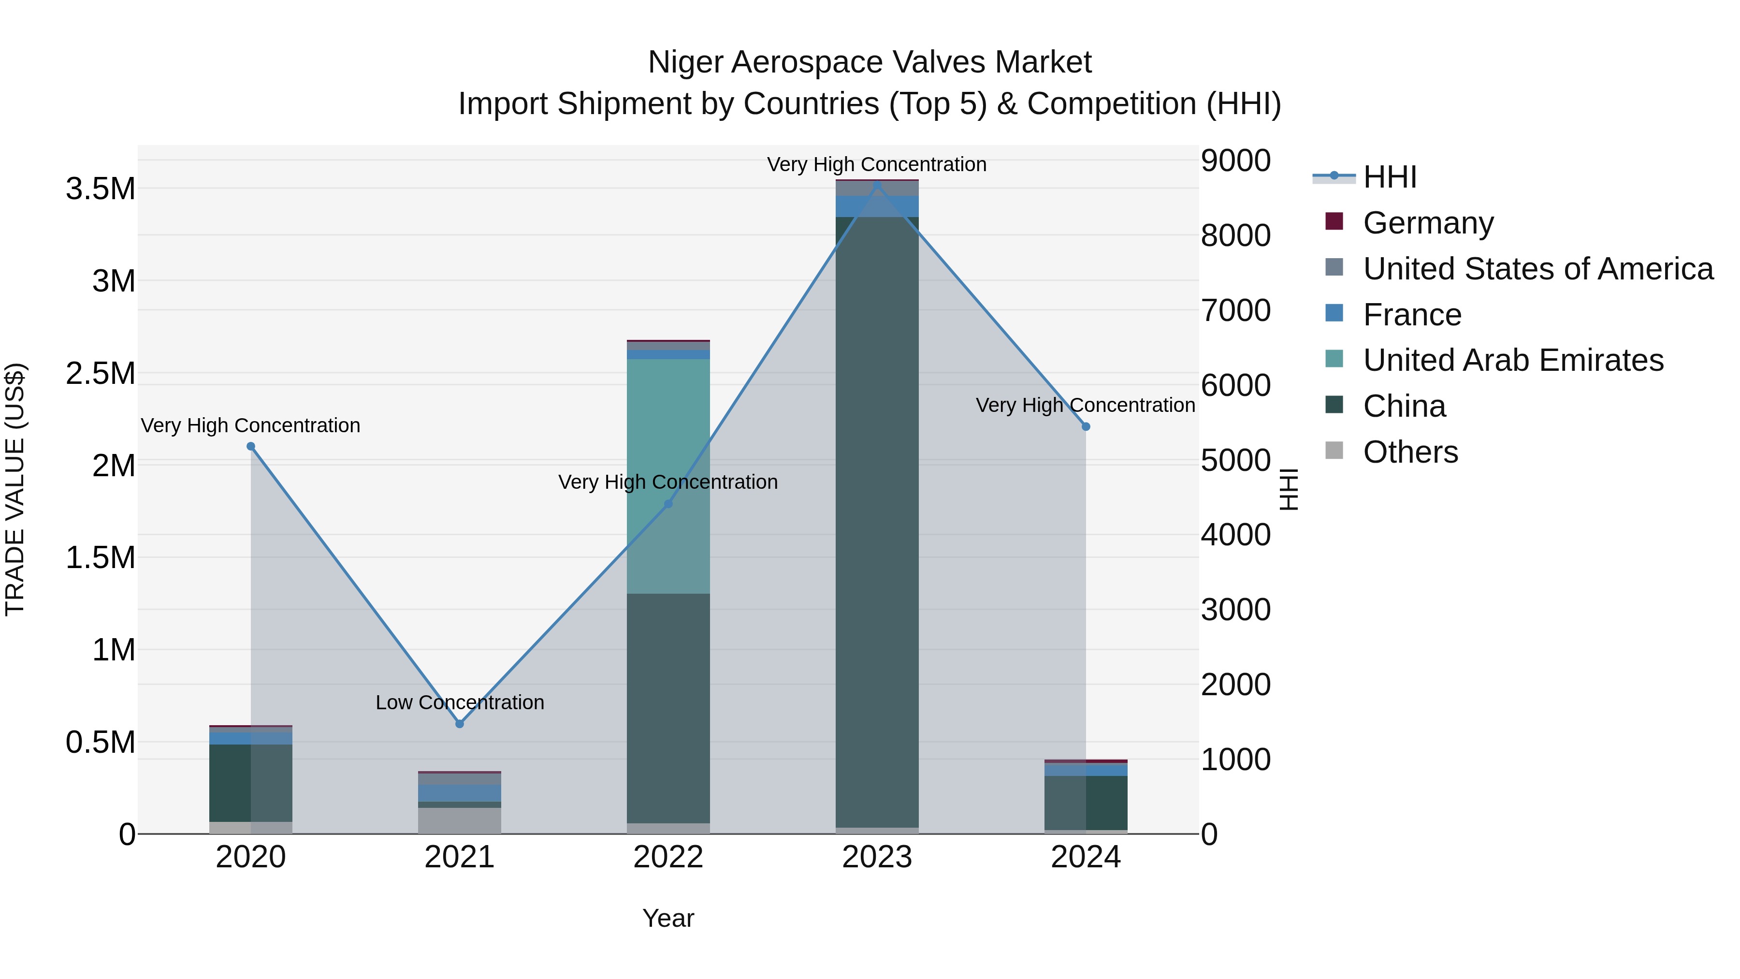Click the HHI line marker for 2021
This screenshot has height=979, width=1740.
point(459,724)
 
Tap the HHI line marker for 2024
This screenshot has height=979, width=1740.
point(1086,427)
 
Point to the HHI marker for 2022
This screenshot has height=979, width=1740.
point(668,504)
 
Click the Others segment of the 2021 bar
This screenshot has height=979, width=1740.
point(459,820)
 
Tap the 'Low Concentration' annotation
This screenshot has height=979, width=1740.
point(459,702)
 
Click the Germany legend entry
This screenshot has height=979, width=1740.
point(1428,223)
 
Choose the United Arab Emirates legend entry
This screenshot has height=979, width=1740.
point(1513,360)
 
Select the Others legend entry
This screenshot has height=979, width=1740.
point(1410,452)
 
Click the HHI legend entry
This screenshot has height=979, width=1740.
point(1390,177)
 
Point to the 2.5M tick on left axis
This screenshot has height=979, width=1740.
point(100,374)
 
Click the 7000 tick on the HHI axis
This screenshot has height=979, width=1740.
point(1235,311)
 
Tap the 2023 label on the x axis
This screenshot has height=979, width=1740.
point(877,857)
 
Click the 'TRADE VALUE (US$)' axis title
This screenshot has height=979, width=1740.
point(15,489)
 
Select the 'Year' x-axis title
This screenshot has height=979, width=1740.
point(668,918)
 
